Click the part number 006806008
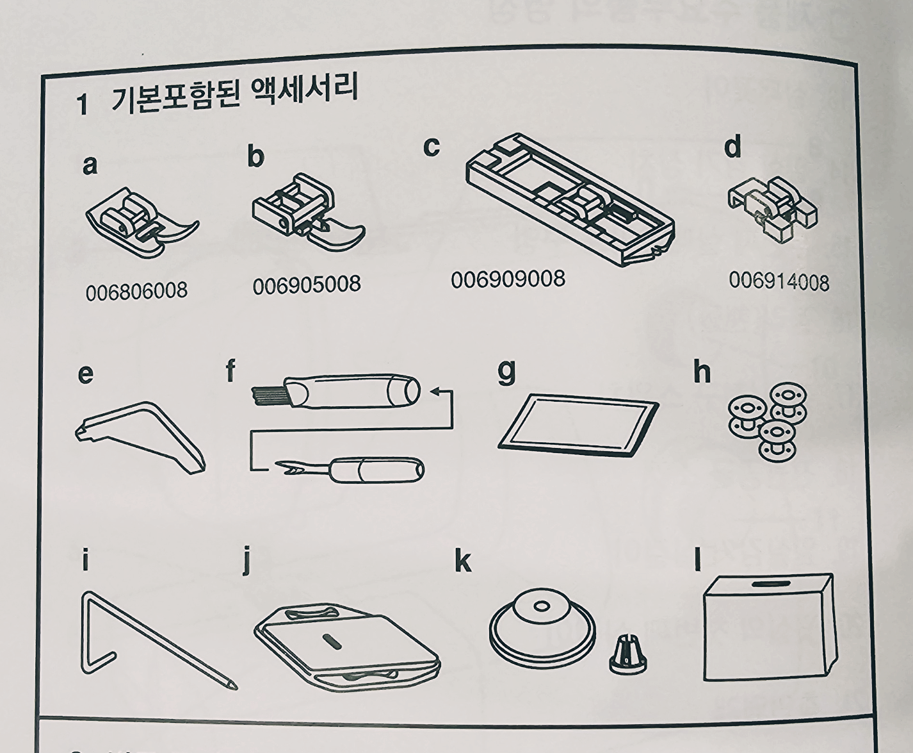click(x=136, y=291)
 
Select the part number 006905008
click(x=307, y=285)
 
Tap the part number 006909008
click(x=508, y=279)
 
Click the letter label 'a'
click(x=90, y=165)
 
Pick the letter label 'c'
click(x=431, y=147)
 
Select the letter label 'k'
click(x=463, y=561)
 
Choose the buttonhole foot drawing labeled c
click(x=570, y=200)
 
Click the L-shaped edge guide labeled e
click(x=140, y=437)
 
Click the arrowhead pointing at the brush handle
click(x=435, y=391)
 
